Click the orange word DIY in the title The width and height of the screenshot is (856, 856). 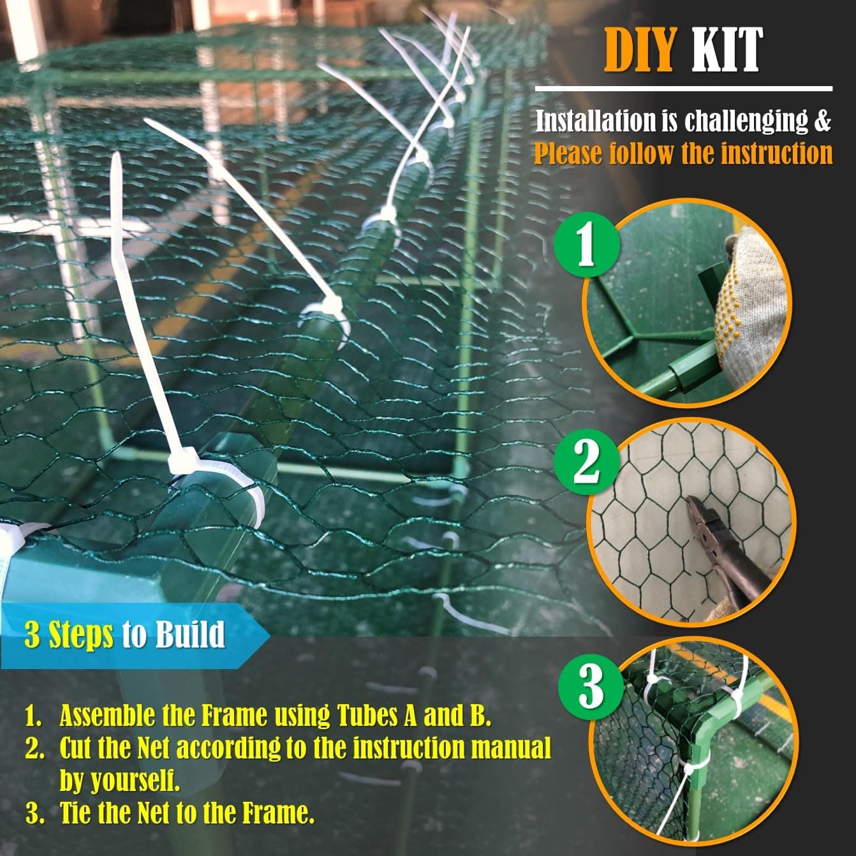coord(639,49)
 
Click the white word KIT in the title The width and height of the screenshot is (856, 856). coord(727,49)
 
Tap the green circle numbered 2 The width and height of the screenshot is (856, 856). coord(586,461)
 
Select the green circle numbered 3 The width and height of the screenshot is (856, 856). coord(591,687)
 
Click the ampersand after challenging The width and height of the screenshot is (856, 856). coord(823,121)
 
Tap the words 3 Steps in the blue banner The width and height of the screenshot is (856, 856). coord(69,635)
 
